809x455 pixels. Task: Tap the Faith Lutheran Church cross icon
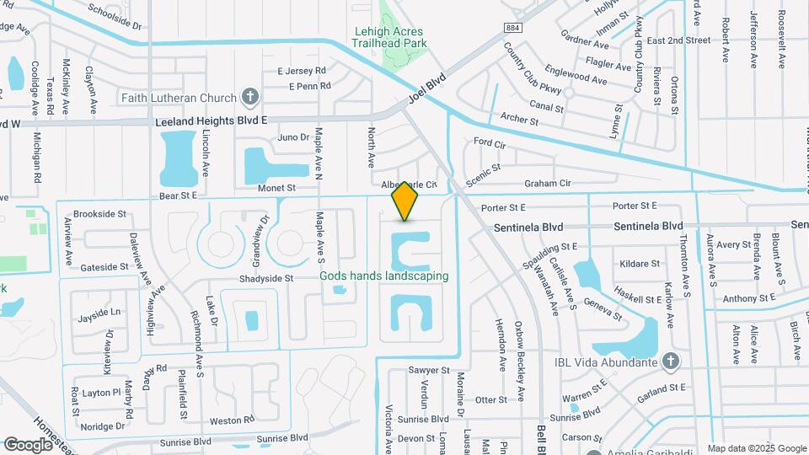(249, 97)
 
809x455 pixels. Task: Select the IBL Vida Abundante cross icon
(670, 362)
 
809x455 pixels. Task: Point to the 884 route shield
(513, 28)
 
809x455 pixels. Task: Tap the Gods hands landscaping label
(383, 276)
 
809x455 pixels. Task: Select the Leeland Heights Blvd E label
(212, 121)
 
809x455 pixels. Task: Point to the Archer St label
(519, 120)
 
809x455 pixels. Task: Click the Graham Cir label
(548, 183)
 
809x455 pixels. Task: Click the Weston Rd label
(231, 420)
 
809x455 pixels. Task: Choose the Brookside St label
(99, 214)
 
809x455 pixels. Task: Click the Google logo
(28, 444)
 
